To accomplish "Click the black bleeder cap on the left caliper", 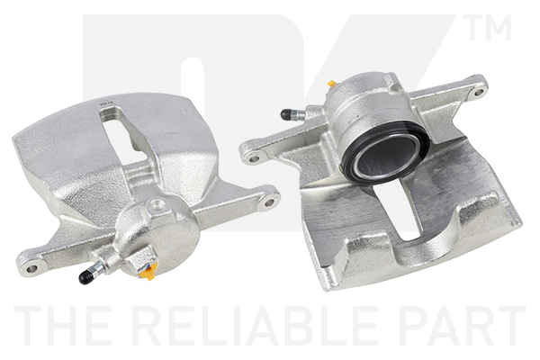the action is [85, 275].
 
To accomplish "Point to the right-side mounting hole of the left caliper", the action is [270, 202].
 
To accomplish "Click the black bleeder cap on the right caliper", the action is [287, 114].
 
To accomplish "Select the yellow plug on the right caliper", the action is [332, 84].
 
